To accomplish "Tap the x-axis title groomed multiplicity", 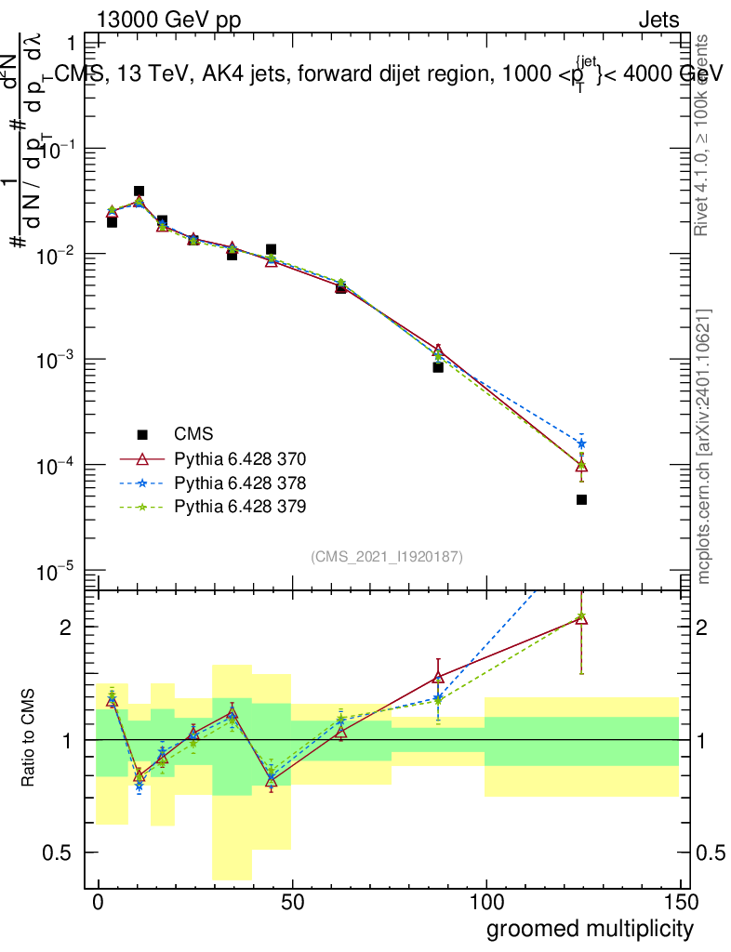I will (589, 928).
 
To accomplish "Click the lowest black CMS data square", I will (581, 500).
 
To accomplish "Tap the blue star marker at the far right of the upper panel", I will (581, 443).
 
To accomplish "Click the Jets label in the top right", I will (658, 20).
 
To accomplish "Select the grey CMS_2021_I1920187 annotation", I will (387, 556).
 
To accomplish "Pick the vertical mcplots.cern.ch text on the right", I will (704, 446).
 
